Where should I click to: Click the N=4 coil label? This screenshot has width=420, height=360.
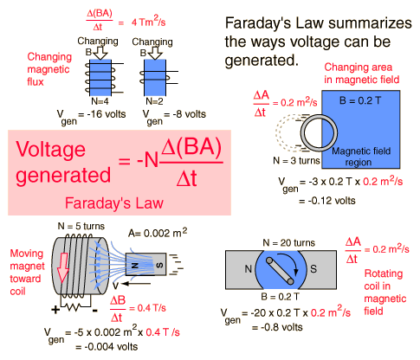[100, 101]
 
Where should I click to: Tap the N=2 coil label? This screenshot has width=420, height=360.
[154, 101]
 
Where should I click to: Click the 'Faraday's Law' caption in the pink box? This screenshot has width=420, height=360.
[114, 202]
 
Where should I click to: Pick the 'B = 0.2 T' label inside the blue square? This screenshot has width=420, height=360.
[360, 100]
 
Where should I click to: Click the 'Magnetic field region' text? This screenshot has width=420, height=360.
[361, 157]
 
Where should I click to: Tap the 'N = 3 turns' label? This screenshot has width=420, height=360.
[296, 160]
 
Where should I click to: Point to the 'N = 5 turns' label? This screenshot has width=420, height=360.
[81, 226]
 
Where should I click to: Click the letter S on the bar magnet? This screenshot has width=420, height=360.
[159, 265]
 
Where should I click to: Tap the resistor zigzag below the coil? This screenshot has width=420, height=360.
[76, 307]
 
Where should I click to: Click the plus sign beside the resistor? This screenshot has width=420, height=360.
[55, 310]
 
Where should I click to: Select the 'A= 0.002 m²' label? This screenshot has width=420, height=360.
[158, 232]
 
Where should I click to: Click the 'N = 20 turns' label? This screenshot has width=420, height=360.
[288, 243]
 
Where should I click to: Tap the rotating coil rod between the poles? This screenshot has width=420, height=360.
[280, 271]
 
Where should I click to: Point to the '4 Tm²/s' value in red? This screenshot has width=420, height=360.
[148, 22]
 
